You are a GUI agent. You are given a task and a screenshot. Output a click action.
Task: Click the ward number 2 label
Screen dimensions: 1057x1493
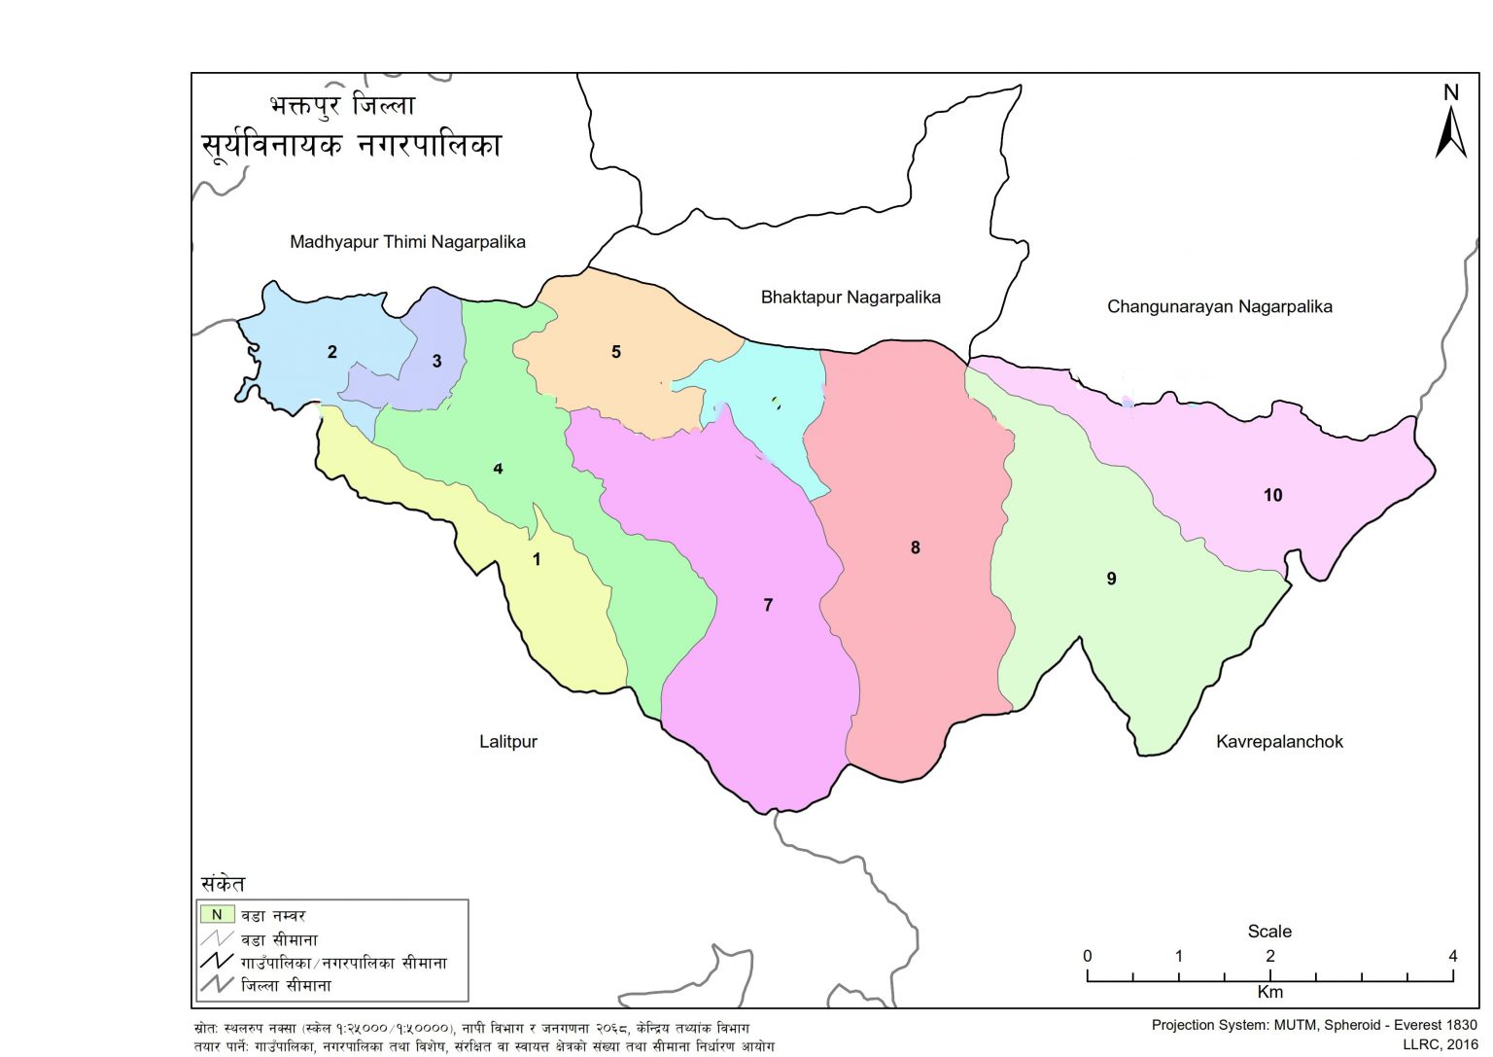tap(332, 352)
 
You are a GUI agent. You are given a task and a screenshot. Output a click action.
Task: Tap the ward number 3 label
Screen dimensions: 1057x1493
tap(436, 361)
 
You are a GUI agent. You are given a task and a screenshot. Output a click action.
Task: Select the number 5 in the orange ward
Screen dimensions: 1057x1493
tap(615, 352)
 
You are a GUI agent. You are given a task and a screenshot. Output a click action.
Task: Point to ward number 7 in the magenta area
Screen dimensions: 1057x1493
tap(768, 605)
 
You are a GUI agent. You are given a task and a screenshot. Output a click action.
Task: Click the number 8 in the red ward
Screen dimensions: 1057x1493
tap(915, 547)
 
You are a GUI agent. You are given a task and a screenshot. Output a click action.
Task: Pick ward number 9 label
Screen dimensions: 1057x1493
tap(1111, 579)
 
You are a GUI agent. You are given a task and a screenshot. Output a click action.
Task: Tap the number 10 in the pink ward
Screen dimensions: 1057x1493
tap(1272, 495)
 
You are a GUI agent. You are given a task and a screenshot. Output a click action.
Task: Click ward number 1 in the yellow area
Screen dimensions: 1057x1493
tap(537, 559)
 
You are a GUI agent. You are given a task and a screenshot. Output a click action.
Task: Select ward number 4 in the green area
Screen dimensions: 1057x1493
tap(498, 469)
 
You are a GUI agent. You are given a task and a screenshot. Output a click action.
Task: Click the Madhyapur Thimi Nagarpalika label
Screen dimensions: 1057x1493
tap(407, 242)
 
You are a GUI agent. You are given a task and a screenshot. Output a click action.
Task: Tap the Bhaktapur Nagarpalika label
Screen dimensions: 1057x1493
tap(851, 297)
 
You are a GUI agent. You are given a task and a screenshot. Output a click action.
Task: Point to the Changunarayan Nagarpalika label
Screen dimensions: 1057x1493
tap(1219, 306)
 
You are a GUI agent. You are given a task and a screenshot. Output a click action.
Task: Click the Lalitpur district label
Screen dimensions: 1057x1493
tap(507, 741)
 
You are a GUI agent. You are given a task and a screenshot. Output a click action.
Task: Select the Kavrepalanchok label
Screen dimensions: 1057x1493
tap(1279, 741)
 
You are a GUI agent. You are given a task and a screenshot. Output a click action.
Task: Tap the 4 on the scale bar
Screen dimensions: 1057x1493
tap(1452, 956)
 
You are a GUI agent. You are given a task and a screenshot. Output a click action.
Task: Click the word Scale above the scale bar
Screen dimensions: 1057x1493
tap(1269, 931)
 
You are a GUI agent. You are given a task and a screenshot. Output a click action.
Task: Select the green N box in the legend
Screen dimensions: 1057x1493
tap(217, 914)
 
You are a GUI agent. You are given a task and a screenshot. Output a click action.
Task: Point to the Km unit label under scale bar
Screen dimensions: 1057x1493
tap(1269, 992)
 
